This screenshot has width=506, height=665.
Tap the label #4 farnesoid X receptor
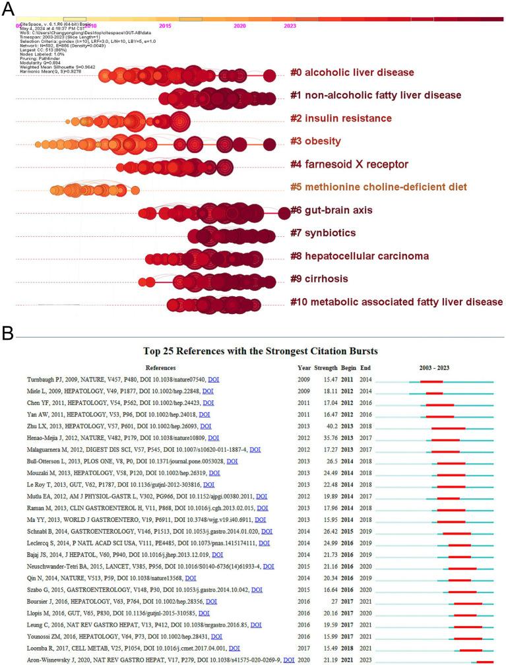point(349,164)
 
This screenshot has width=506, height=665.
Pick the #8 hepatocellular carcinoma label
point(360,256)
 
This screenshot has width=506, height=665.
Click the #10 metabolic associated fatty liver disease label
point(396,302)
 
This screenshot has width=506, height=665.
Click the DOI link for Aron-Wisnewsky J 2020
point(288,660)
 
